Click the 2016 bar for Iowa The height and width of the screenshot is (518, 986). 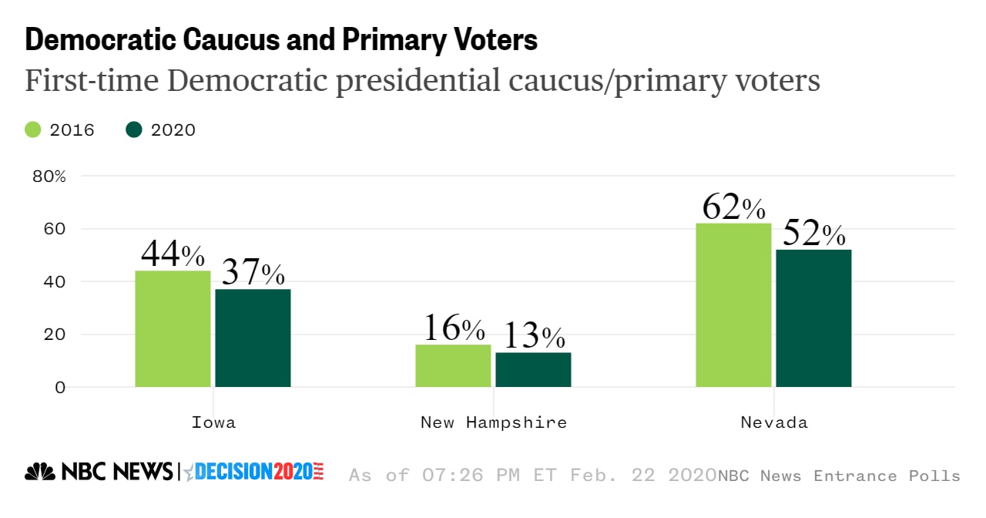173,328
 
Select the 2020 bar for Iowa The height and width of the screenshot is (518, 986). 253,338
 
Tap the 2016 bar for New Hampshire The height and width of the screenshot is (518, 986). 453,365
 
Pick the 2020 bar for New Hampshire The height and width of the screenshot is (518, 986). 533,369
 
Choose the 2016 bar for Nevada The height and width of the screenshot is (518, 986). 733,304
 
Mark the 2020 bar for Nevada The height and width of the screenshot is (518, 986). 813,318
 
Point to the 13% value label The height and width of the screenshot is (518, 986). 534,336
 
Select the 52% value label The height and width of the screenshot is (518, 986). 813,234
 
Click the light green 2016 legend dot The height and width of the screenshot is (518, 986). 33,129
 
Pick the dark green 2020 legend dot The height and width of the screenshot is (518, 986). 134,129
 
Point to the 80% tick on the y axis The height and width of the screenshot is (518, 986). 49,177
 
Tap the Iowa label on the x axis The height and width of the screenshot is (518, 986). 213,422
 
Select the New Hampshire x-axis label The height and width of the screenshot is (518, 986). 493,422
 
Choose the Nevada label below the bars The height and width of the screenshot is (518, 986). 773,422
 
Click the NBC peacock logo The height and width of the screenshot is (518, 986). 40,471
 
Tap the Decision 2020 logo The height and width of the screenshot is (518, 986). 254,471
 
